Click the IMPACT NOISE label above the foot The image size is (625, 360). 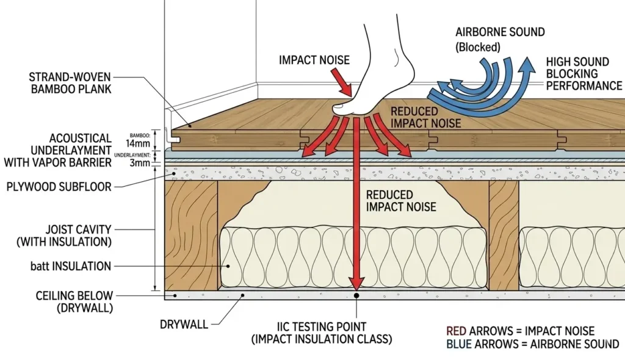point(314,60)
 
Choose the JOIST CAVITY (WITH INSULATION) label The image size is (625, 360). point(64,236)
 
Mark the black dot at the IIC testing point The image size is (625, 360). point(356,295)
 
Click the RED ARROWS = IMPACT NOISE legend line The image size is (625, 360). point(520,331)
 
